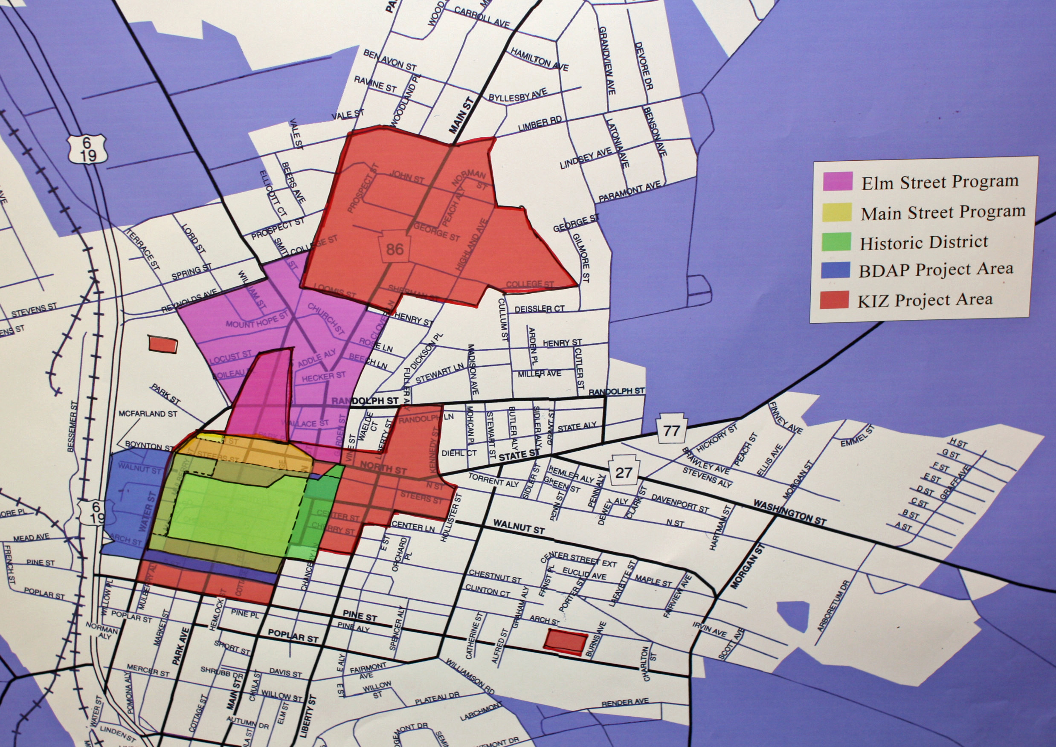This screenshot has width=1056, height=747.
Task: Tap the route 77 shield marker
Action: (671, 430)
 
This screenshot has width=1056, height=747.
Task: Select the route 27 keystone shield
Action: (624, 472)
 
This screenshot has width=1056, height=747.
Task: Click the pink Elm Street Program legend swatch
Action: (838, 181)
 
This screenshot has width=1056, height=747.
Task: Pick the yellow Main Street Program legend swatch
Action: (837, 212)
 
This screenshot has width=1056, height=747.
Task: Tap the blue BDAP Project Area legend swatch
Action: (835, 270)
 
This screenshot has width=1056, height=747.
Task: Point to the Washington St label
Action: (789, 512)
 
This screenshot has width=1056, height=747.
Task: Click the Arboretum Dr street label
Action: (833, 606)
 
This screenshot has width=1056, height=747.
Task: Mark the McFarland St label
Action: (148, 414)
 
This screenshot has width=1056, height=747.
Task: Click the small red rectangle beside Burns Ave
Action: (566, 641)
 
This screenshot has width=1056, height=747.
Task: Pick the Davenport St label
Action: (679, 503)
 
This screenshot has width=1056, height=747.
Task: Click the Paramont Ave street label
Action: (630, 192)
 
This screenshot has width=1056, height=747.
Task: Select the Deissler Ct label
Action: (539, 309)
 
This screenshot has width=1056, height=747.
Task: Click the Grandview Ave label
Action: (606, 60)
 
